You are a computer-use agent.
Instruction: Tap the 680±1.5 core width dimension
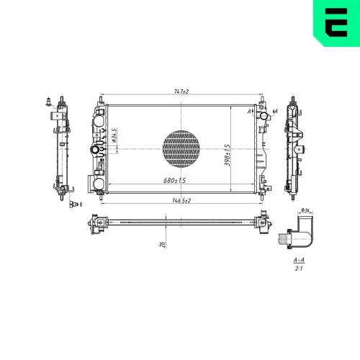175,180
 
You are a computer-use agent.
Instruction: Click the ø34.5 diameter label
114,135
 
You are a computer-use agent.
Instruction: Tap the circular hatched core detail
180,148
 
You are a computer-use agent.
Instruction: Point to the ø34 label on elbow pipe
305,210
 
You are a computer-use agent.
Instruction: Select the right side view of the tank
295,148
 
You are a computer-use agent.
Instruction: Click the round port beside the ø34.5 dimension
94,149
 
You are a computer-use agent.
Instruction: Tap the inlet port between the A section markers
264,115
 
